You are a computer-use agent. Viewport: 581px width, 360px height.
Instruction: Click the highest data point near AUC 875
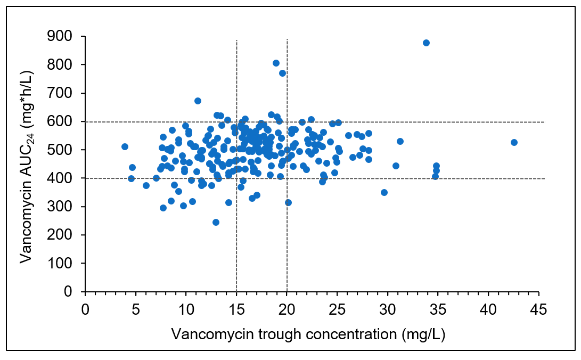(426, 43)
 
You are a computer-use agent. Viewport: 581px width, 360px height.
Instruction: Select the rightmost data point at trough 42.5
(514, 142)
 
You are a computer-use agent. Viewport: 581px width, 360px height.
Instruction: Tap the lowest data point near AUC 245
(216, 222)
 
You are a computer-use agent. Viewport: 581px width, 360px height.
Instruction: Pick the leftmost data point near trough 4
(125, 146)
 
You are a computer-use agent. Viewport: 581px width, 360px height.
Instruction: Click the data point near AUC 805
(276, 63)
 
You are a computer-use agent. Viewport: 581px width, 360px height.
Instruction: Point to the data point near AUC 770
(282, 73)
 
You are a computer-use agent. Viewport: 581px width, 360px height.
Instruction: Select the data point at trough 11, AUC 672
(198, 101)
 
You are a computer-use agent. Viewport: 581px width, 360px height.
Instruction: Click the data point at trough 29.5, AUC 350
(384, 192)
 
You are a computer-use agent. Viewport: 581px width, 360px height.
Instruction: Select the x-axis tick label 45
(539, 309)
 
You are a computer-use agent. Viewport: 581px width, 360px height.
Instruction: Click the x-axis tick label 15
(236, 309)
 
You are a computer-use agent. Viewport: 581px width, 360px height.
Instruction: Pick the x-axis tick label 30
(388, 309)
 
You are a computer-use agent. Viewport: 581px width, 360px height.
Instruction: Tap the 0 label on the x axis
(85, 309)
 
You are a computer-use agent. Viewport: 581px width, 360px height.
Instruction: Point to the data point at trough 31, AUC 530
(400, 141)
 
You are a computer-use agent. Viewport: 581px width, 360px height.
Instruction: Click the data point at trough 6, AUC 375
(146, 185)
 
